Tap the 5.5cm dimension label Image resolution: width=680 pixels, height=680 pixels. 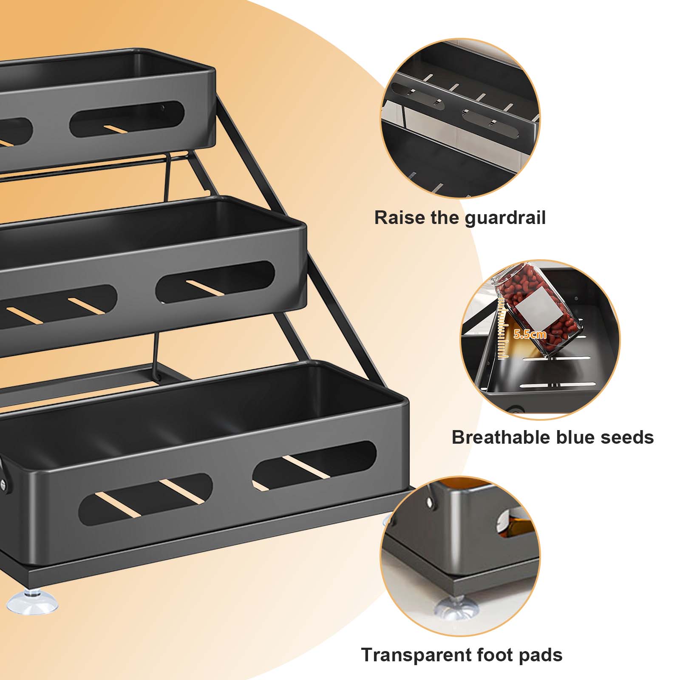(x=530, y=334)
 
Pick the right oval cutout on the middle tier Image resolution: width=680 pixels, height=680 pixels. (x=215, y=282)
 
